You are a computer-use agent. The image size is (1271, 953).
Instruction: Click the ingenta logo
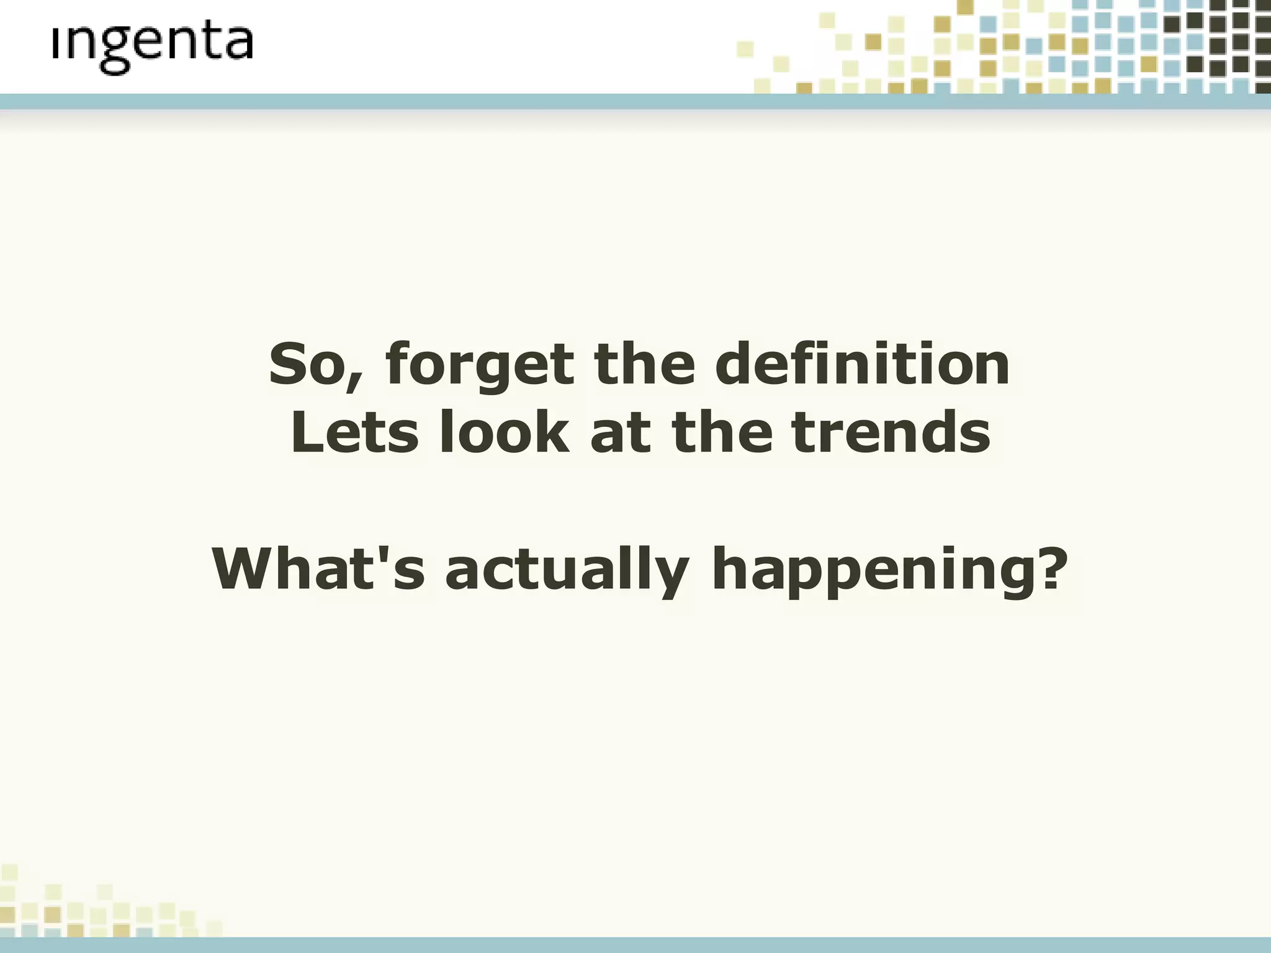click(x=153, y=47)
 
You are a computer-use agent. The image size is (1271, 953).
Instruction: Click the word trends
click(x=891, y=432)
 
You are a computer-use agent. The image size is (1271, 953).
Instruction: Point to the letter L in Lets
click(x=307, y=432)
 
